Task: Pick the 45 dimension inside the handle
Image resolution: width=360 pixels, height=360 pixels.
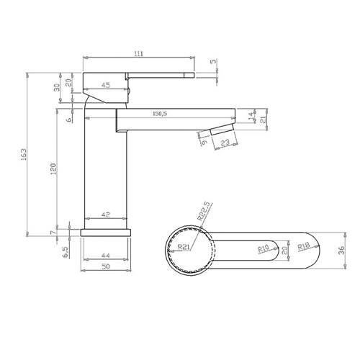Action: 106,86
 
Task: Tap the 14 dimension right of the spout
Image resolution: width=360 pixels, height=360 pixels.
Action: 250,114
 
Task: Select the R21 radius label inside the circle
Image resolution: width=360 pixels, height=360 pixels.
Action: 185,246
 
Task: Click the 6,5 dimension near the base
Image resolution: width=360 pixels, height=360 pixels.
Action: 66,251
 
